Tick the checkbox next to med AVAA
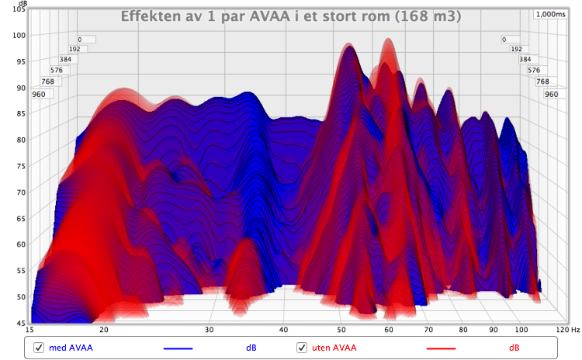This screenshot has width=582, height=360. (x=37, y=348)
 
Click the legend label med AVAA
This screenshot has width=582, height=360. (x=71, y=348)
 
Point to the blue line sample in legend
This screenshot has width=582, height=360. (x=178, y=348)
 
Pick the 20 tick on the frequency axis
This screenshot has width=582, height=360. (x=102, y=330)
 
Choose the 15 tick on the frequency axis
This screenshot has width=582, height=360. (x=30, y=330)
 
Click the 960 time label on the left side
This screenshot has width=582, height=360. (x=40, y=94)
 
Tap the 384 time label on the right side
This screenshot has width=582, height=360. (x=525, y=60)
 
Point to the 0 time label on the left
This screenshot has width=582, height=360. (x=80, y=39)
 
